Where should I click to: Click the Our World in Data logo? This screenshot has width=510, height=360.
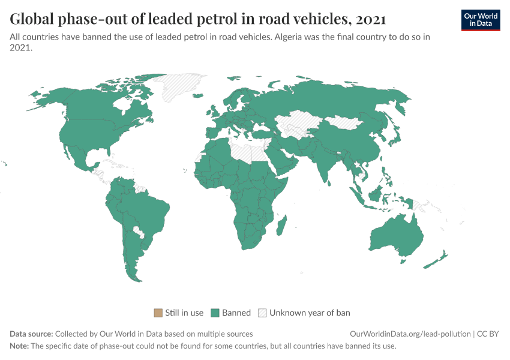[480, 20]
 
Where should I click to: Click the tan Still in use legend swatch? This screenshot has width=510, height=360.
[158, 313]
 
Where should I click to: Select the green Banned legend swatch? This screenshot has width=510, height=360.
[215, 313]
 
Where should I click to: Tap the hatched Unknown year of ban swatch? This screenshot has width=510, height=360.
[262, 313]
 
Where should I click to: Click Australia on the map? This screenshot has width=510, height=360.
[396, 237]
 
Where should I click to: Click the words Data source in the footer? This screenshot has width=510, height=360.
[31, 334]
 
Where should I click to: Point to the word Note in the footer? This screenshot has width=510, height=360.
[19, 346]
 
